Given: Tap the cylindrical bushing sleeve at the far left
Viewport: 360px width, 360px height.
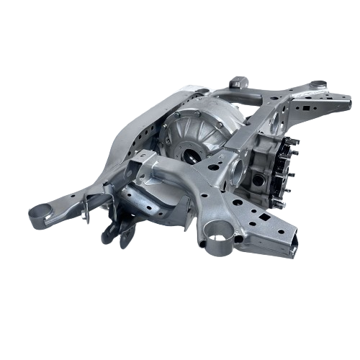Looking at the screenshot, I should coord(41,212).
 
